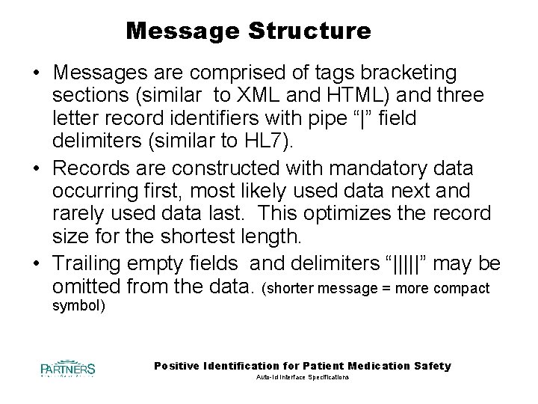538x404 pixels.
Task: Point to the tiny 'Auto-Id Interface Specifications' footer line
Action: pyautogui.click(x=303, y=379)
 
